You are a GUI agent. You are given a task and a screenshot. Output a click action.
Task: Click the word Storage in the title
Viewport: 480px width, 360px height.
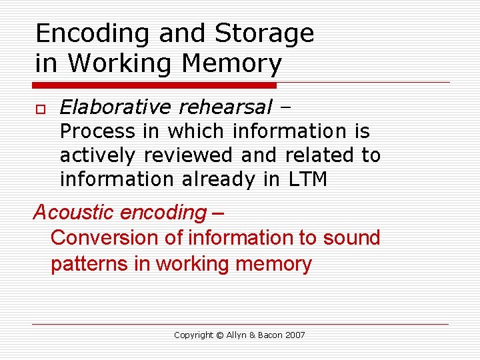[264, 33]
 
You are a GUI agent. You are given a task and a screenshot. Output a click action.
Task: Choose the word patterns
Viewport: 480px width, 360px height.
[89, 264]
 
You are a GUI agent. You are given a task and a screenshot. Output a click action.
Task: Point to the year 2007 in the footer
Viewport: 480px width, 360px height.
[295, 335]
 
